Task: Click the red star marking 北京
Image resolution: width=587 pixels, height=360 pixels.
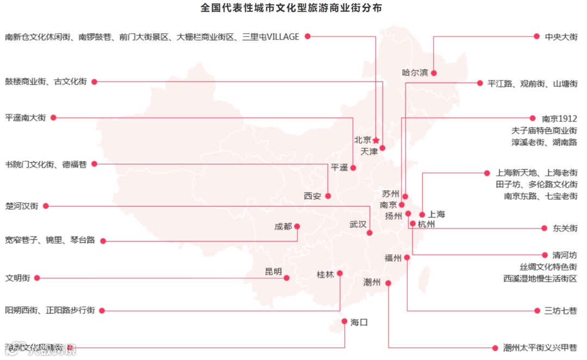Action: click(x=376, y=140)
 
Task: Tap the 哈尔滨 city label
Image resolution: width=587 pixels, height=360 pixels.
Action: click(x=415, y=73)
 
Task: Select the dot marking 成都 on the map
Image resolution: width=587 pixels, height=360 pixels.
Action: click(x=297, y=226)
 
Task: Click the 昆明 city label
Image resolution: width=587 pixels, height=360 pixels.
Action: click(x=273, y=272)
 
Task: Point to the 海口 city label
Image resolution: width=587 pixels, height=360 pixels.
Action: click(x=359, y=322)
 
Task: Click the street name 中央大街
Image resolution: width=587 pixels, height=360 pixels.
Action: click(x=561, y=37)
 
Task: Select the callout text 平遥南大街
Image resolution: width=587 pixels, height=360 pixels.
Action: click(x=26, y=117)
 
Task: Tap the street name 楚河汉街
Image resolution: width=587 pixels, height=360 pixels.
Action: click(x=22, y=206)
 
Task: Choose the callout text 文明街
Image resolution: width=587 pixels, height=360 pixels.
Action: click(x=17, y=278)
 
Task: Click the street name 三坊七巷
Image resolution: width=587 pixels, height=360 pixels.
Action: click(x=561, y=311)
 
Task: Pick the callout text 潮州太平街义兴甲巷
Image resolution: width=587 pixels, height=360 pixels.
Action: click(x=540, y=348)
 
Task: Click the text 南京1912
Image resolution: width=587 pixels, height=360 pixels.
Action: click(x=559, y=119)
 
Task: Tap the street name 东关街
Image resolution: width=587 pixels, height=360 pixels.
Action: click(x=565, y=228)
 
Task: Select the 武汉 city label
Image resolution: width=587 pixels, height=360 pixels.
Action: click(x=358, y=225)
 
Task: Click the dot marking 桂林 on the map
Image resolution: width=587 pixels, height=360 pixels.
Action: click(x=340, y=273)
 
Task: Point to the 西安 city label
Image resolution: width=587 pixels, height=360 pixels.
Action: click(x=313, y=196)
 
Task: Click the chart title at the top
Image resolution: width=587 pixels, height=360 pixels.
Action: click(x=291, y=8)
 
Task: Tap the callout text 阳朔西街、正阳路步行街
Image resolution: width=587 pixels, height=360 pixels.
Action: click(x=50, y=311)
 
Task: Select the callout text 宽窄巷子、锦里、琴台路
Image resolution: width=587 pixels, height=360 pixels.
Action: click(x=50, y=240)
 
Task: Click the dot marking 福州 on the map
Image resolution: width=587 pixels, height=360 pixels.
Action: click(x=407, y=258)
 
